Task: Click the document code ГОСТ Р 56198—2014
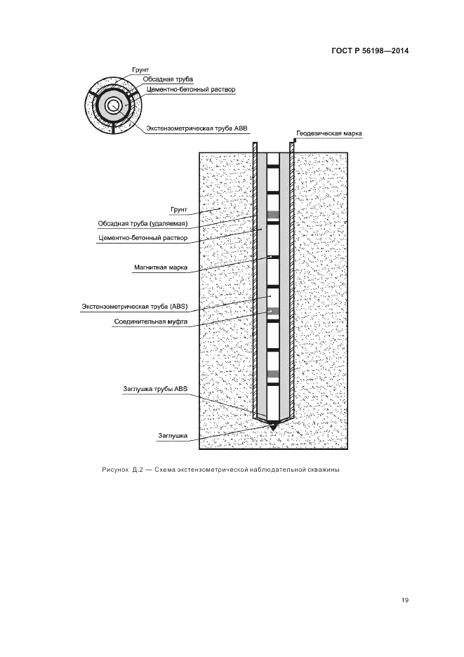coord(371,51)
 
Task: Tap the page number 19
coord(405,599)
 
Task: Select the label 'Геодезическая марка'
coord(328,133)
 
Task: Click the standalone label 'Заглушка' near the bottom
coord(173,436)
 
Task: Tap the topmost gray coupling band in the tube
coord(273,214)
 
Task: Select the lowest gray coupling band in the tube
coord(273,373)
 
